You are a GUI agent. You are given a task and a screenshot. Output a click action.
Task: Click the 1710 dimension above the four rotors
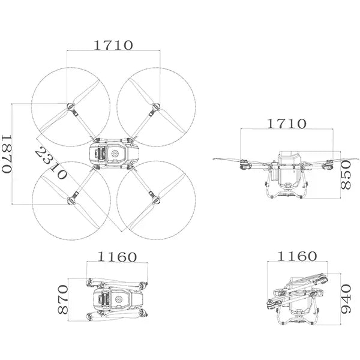(x=113, y=45)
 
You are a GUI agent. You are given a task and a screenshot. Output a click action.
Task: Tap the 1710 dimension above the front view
(x=286, y=124)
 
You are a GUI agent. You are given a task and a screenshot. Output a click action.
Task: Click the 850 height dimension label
(x=346, y=175)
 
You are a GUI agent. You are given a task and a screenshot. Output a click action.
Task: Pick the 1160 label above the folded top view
(x=118, y=257)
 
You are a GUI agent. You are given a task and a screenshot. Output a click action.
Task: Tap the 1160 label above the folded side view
(x=297, y=256)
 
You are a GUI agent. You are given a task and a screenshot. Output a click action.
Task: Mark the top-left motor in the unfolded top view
(x=71, y=108)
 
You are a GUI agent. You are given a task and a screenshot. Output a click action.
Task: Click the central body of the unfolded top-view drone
(x=113, y=154)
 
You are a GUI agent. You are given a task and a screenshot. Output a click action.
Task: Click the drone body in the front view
(x=288, y=174)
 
